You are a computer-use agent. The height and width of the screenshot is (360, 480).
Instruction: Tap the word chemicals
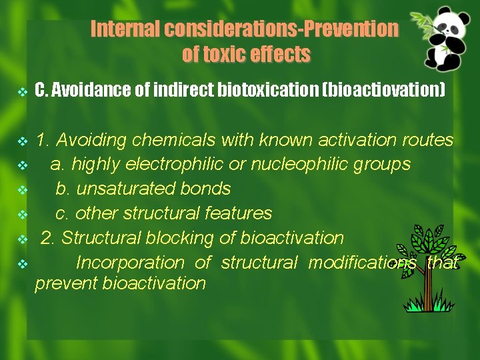[x=173, y=140]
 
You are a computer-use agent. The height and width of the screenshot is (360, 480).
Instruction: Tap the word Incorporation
[x=130, y=263]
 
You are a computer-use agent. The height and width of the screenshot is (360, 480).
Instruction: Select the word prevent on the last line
[x=66, y=283]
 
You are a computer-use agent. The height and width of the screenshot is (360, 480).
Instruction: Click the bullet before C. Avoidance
[x=21, y=91]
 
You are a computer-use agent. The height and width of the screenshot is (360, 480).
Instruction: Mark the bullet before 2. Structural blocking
[x=21, y=239]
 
